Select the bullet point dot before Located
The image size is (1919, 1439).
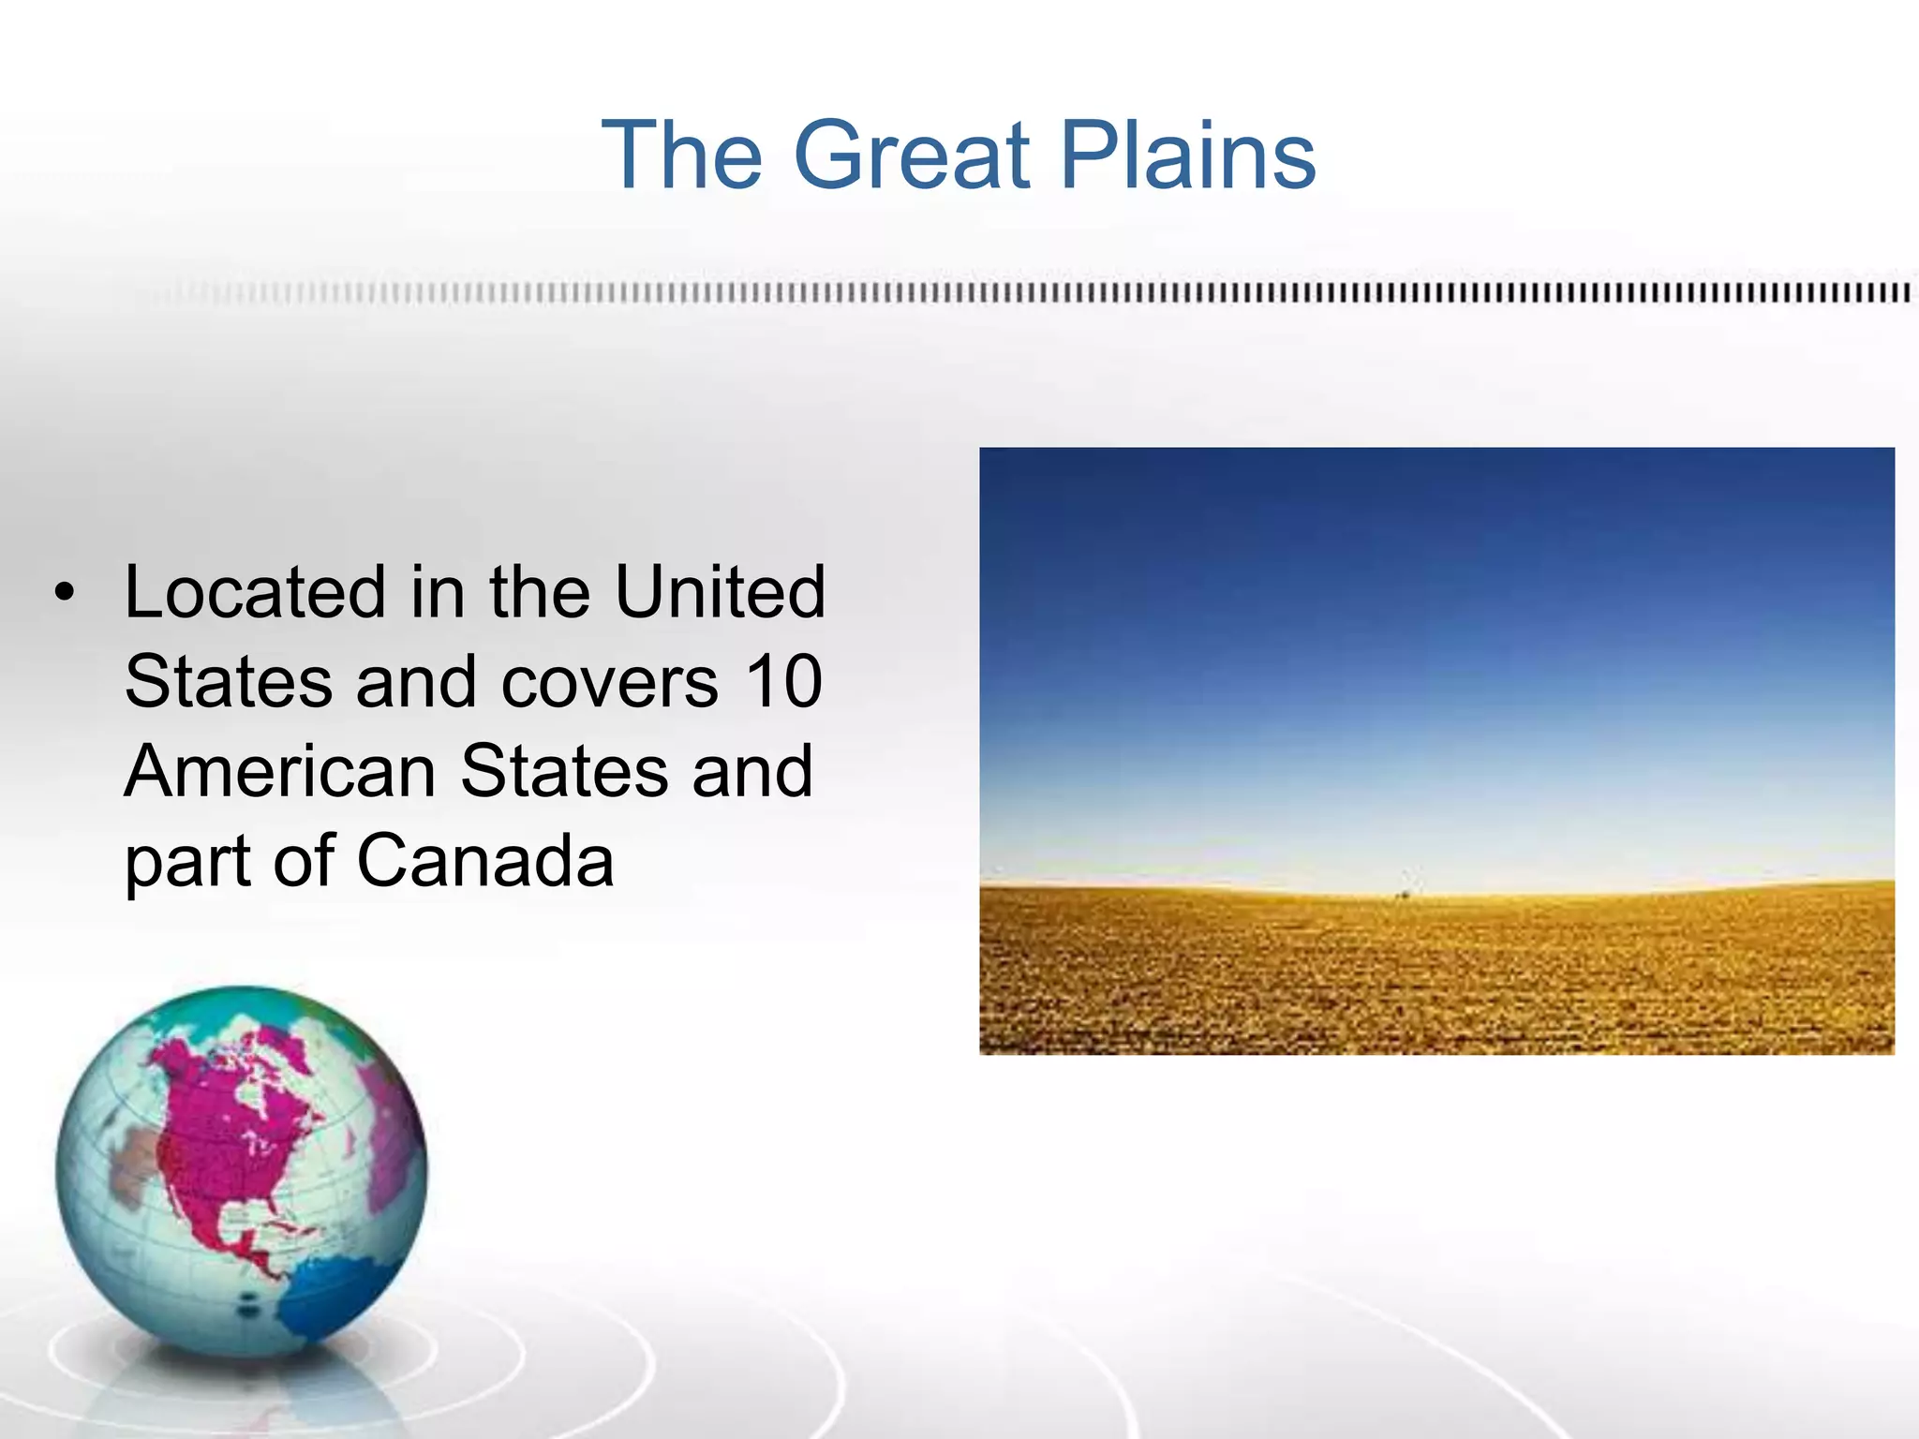(64, 593)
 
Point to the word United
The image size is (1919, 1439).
(720, 593)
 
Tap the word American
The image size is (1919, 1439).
(280, 772)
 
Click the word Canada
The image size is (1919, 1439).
(484, 861)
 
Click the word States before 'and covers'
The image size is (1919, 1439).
(228, 682)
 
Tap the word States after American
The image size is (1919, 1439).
(564, 772)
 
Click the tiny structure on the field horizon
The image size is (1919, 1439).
(1405, 885)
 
